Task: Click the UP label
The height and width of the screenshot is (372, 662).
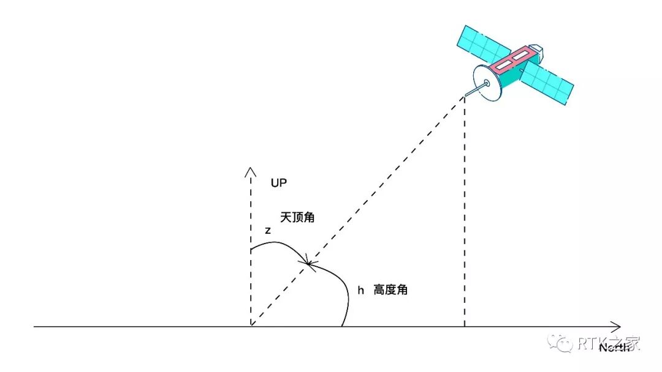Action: [x=278, y=183]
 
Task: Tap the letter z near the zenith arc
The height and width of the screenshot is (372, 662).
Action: [x=268, y=231]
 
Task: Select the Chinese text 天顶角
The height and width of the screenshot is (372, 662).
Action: [x=298, y=218]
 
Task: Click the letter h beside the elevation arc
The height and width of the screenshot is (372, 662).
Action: [x=361, y=290]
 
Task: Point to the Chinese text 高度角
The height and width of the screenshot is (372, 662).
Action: [x=390, y=290]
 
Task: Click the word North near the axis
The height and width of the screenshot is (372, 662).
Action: [x=613, y=348]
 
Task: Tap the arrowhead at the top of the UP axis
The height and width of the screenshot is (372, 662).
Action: [x=250, y=170]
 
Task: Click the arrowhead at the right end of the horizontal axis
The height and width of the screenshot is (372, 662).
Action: [x=618, y=327]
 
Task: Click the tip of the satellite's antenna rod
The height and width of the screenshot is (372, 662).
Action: [x=465, y=95]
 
